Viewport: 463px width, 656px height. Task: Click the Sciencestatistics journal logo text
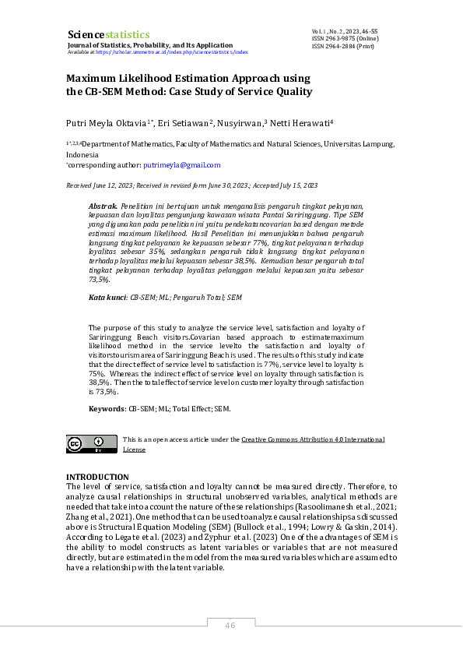pyautogui.click(x=108, y=34)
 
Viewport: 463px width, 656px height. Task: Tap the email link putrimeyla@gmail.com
pyautogui.click(x=182, y=165)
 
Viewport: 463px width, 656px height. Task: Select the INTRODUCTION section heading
pyautogui.click(x=97, y=477)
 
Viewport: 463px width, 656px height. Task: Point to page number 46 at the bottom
pyautogui.click(x=230, y=626)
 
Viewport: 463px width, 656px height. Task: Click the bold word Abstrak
pyautogui.click(x=104, y=203)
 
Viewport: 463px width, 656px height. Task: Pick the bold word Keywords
pyautogui.click(x=107, y=408)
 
